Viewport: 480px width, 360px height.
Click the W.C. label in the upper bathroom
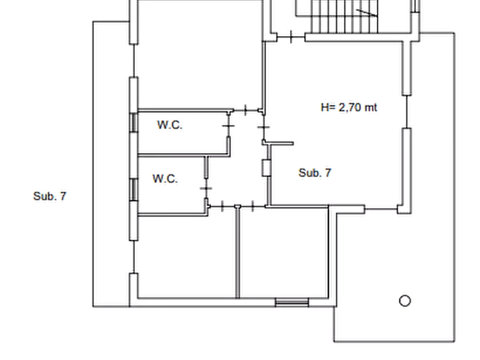pyautogui.click(x=170, y=125)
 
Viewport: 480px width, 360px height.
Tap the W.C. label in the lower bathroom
pyautogui.click(x=165, y=178)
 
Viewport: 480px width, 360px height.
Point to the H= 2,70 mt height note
pyautogui.click(x=349, y=107)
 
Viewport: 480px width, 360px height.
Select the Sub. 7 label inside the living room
pyautogui.click(x=314, y=173)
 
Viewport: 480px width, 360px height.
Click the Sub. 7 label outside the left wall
pyautogui.click(x=49, y=196)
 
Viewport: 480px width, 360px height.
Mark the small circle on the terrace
pyautogui.click(x=405, y=300)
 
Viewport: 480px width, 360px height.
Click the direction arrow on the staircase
pyautogui.click(x=367, y=12)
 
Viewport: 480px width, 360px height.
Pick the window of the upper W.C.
pyautogui.click(x=134, y=123)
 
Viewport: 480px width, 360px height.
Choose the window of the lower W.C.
pyautogui.click(x=134, y=190)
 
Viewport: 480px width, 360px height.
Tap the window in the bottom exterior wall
pyautogui.click(x=292, y=303)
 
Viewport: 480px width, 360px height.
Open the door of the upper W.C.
pyautogui.click(x=228, y=126)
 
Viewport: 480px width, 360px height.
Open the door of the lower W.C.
pyautogui.click(x=206, y=188)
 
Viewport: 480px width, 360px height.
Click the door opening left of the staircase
pyautogui.click(x=291, y=37)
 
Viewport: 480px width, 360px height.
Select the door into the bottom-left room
pyautogui.click(x=222, y=207)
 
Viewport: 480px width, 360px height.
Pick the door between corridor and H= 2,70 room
pyautogui.click(x=264, y=127)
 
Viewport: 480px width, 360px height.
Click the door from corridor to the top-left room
pyautogui.click(x=246, y=110)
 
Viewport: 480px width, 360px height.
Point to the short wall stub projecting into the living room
pyautogui.click(x=280, y=143)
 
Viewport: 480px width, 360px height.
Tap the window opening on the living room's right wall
pyautogui.click(x=406, y=111)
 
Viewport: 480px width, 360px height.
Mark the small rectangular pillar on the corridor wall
pyautogui.click(x=266, y=168)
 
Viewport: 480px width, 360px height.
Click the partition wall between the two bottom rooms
pyautogui.click(x=237, y=253)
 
